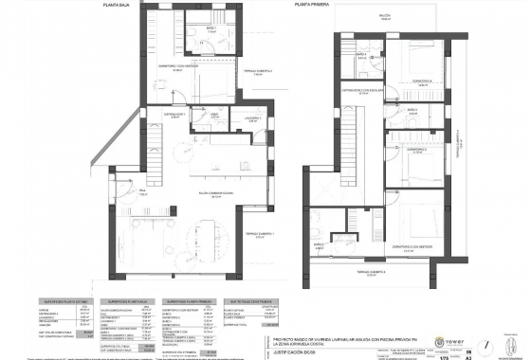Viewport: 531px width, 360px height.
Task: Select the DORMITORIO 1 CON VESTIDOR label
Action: tap(179, 67)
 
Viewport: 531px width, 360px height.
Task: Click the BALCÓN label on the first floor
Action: tap(384, 16)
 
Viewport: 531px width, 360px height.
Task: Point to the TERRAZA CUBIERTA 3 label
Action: tap(389, 272)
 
